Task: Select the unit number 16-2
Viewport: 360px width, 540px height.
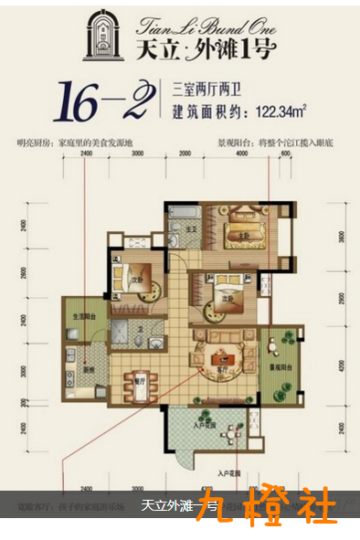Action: pyautogui.click(x=102, y=101)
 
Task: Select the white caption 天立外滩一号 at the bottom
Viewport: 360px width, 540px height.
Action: pyautogui.click(x=180, y=506)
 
